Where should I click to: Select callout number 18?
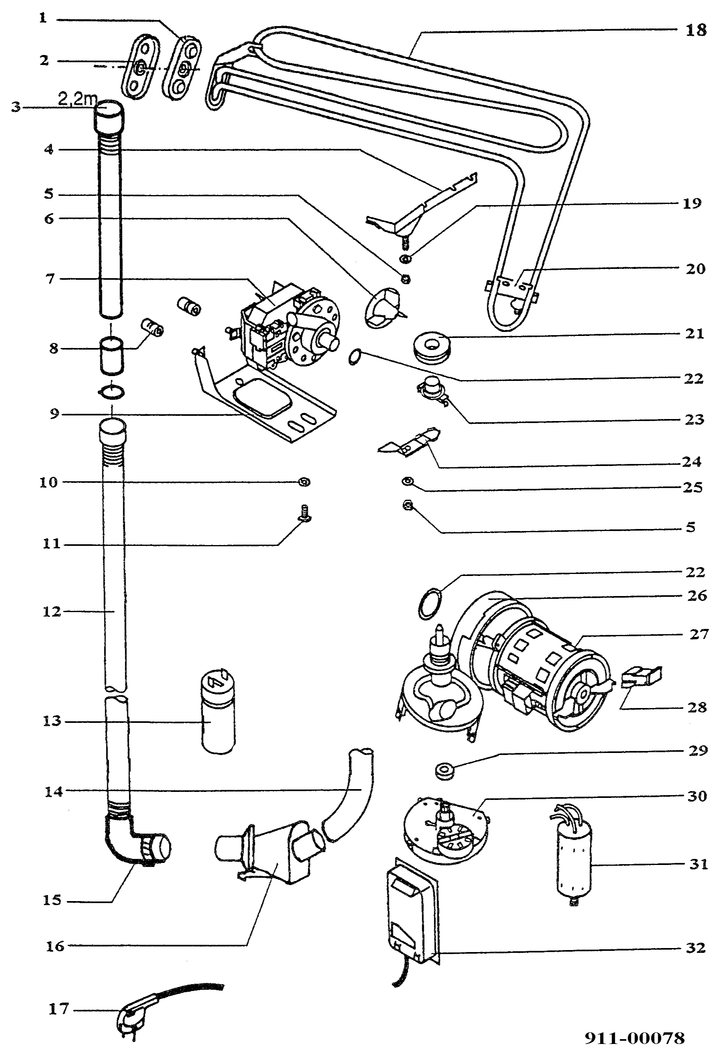pos(696,31)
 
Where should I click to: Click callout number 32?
pos(696,948)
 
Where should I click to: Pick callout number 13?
pos(52,721)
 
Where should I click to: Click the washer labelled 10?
pos(304,482)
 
